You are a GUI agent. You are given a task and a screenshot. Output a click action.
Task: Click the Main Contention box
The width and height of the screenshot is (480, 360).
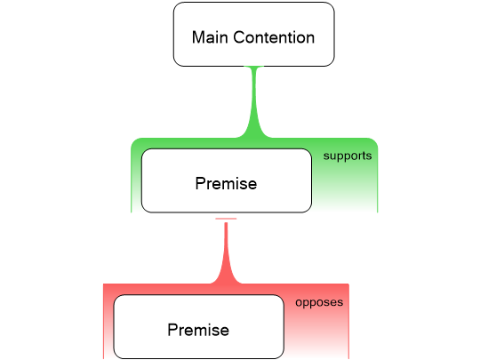point(253,34)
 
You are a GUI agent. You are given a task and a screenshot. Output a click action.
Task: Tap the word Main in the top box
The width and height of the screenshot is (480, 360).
point(209,38)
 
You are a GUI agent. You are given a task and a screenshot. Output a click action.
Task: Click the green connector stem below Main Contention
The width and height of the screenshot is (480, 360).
point(254,98)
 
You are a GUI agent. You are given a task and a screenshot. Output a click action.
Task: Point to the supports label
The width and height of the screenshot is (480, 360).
point(347,155)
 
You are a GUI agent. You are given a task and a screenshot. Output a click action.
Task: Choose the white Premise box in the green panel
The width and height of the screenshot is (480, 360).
point(226,180)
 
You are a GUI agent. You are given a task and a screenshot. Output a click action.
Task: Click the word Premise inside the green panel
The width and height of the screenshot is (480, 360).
point(226,184)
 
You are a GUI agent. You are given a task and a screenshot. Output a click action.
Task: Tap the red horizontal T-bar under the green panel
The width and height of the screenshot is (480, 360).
point(226,219)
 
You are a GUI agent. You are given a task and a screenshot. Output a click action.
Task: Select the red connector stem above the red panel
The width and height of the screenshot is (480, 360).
point(226,249)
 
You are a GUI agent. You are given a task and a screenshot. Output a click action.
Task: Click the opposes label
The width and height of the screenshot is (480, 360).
point(319,301)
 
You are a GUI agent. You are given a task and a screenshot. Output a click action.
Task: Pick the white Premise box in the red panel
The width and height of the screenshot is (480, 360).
point(197,327)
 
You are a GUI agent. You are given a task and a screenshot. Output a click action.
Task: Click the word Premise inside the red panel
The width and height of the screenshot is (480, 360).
point(197,330)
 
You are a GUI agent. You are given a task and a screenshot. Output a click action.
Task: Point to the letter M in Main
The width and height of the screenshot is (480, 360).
point(198,38)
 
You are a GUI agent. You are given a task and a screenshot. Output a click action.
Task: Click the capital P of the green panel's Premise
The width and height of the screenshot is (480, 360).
point(199,184)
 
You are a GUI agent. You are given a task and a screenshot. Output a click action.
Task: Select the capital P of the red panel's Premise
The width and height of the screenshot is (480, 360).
point(172,330)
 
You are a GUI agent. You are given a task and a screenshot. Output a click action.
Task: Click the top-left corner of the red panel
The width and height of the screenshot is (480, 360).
point(104,285)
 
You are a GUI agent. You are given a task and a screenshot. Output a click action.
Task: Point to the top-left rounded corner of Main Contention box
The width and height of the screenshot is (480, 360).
point(177,6)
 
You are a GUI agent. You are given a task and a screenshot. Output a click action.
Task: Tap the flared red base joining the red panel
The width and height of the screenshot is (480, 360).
point(226,280)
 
